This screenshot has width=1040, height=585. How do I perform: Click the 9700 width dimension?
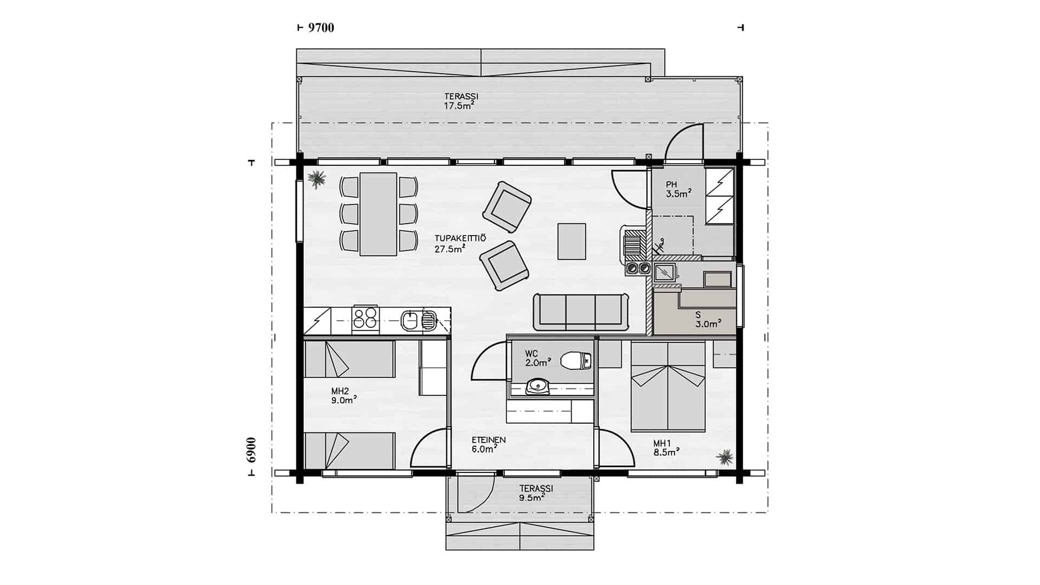[321, 28]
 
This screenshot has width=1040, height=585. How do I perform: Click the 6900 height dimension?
[250, 450]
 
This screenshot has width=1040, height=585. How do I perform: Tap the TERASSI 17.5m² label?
[460, 101]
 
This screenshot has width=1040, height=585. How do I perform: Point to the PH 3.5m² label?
[678, 190]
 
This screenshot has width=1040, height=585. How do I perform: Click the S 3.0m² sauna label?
[708, 320]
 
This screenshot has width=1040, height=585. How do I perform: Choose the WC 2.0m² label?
[538, 358]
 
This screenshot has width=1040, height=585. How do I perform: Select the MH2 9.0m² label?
[344, 395]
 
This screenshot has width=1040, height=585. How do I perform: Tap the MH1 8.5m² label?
[666, 447]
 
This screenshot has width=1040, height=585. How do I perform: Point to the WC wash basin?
[537, 386]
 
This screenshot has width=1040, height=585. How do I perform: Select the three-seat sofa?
[581, 311]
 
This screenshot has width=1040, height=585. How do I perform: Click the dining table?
[379, 214]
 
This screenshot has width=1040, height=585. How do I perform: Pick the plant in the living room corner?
[316, 179]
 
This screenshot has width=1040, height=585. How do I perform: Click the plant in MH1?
[724, 458]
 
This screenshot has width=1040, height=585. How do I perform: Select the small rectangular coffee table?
[571, 242]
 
